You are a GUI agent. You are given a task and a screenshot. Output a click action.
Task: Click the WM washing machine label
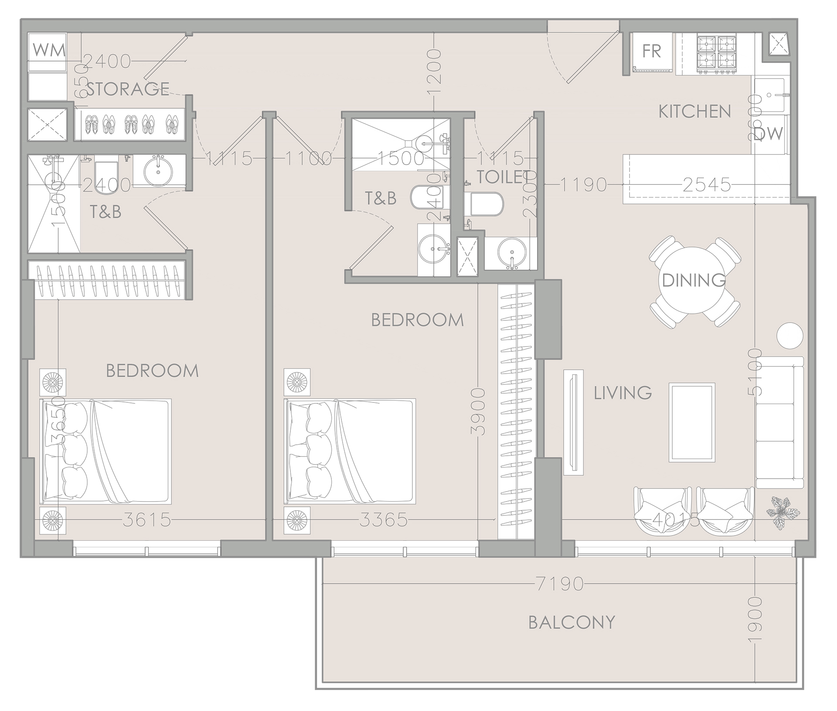pos(49,50)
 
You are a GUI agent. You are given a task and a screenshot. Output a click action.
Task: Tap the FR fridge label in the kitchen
pos(652,52)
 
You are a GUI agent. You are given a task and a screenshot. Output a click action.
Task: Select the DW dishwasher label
pos(771,133)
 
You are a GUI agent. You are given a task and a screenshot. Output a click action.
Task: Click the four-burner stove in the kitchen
pos(717,54)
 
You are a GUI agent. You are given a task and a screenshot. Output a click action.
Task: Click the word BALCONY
pos(572,622)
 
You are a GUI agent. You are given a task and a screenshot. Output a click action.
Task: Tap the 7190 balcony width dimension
pos(560,584)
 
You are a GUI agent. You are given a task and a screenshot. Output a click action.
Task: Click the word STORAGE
pos(128,89)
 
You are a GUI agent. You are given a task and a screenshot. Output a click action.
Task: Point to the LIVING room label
pos(623,393)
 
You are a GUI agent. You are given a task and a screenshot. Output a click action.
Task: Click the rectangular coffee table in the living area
pos(692,422)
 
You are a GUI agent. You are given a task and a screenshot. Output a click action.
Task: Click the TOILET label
pos(506,177)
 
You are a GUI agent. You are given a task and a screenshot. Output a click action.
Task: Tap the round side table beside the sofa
pos(789,335)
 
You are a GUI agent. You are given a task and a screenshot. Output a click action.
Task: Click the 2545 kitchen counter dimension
pos(706,185)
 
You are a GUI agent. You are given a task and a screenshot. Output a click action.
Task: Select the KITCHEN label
pos(694,112)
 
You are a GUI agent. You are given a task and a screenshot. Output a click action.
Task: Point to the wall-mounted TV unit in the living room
pos(573,422)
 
